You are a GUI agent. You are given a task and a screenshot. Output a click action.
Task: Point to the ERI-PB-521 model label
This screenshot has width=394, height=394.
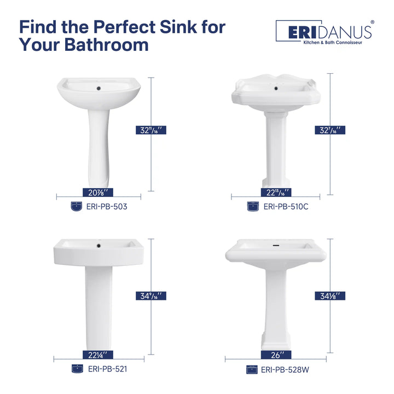108,369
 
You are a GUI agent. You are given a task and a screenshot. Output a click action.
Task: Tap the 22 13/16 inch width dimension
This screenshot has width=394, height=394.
276,192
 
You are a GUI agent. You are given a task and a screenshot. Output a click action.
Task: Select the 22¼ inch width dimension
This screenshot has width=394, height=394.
99,354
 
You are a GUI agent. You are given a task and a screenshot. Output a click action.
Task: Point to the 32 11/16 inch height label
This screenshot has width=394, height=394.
150,130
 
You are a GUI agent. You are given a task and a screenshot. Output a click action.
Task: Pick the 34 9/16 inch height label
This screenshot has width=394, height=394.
150,296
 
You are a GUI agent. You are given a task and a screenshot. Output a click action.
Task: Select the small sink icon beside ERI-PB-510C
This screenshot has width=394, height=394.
252,207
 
